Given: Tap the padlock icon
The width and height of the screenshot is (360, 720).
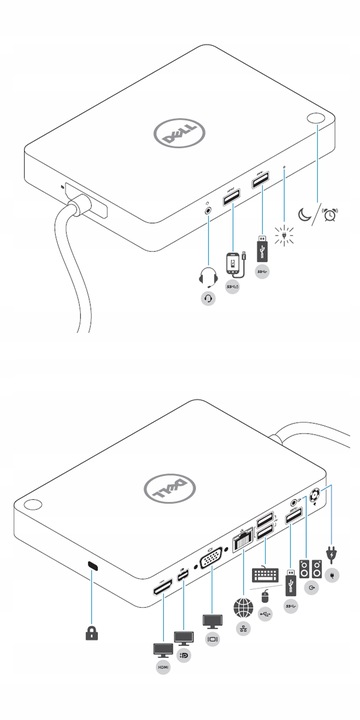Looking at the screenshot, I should (91, 632).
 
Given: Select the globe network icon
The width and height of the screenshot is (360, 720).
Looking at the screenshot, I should (243, 606).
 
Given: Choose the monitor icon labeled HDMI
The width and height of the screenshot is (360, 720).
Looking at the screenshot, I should (160, 649).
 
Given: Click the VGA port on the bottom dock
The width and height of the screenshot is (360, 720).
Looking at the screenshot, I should (211, 562).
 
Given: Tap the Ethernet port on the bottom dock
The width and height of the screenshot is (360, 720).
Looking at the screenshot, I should (242, 541).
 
